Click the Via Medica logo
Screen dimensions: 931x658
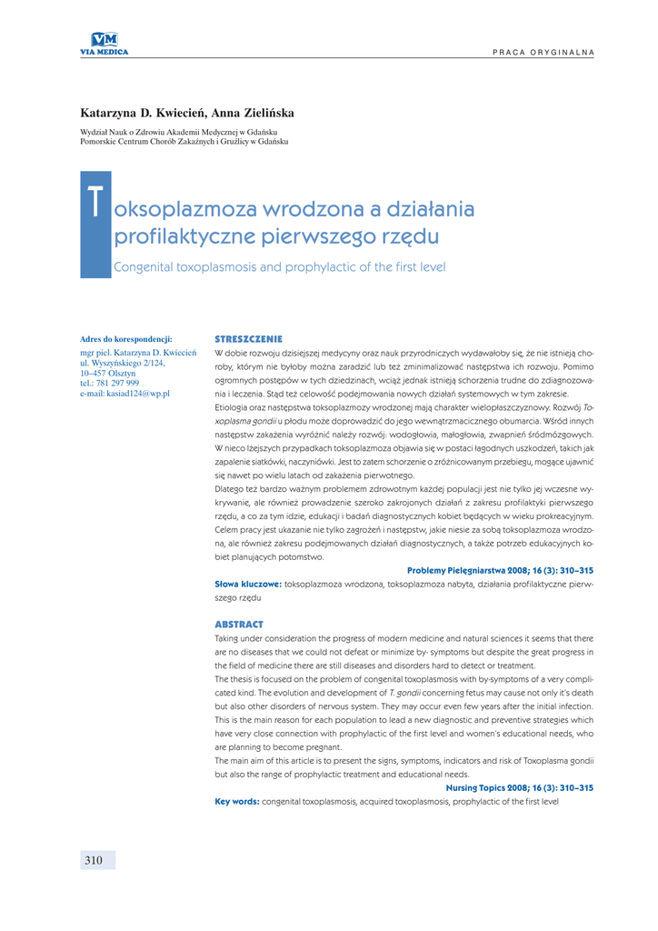[x=105, y=43]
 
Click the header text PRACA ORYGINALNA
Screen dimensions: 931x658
[x=543, y=51]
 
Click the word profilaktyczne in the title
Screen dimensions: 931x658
[x=174, y=237]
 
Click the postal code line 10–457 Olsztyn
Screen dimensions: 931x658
[x=108, y=373]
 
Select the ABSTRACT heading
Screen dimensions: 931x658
[x=238, y=625]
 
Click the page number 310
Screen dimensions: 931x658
[x=94, y=860]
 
